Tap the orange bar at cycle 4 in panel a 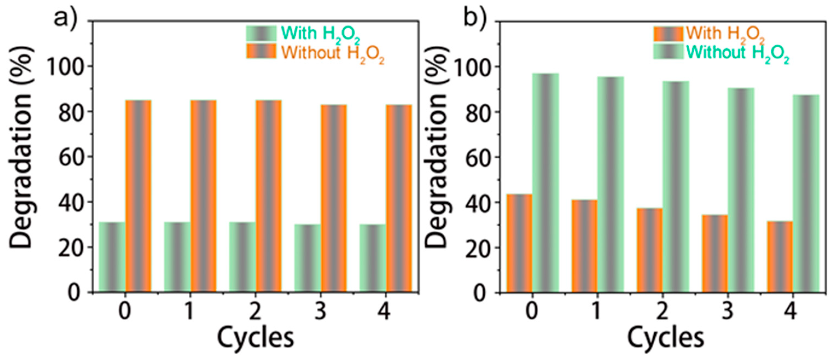pyautogui.click(x=399, y=198)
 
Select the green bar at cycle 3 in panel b pyautogui.click(x=741, y=190)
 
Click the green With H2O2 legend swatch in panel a pyautogui.click(x=261, y=33)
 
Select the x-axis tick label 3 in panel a pyautogui.click(x=320, y=311)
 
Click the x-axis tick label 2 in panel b pyautogui.click(x=662, y=311)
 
